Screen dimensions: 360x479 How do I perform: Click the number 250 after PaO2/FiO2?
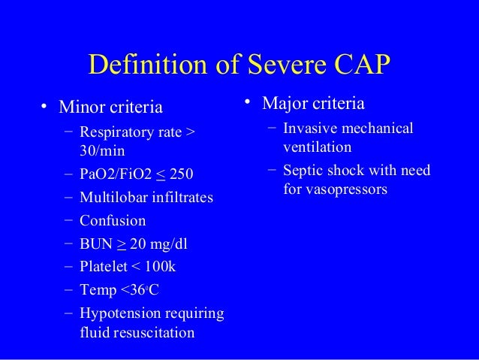pos(181,174)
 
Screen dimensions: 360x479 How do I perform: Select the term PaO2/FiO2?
pos(115,174)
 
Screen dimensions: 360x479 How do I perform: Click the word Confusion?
pos(113,221)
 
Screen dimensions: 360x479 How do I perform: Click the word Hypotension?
pos(120,313)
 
